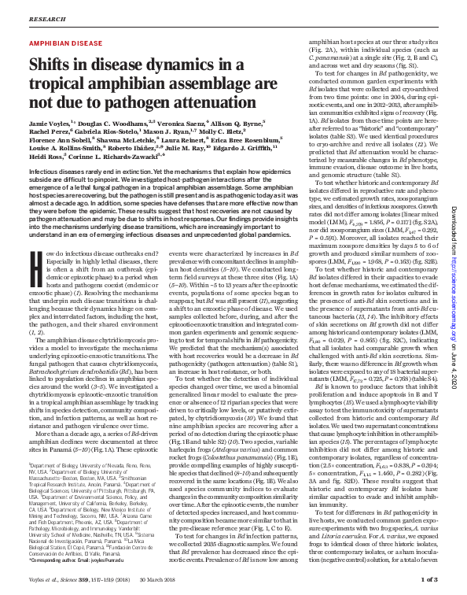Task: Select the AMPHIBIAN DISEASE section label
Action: [65, 43]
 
